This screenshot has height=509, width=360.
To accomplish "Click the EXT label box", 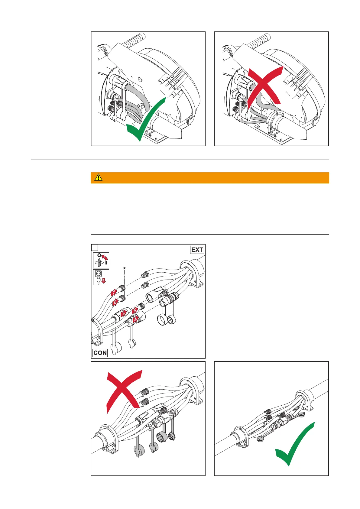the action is [x=197, y=250].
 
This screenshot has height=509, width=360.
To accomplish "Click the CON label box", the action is [x=100, y=353].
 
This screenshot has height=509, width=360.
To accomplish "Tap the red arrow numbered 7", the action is [x=114, y=292].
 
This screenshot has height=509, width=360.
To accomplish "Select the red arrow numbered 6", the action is [x=115, y=302].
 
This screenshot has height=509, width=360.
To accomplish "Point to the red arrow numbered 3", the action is [x=123, y=314].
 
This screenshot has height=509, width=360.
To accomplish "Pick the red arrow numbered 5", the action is [x=135, y=310].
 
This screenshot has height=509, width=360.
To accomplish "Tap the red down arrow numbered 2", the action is [x=104, y=281].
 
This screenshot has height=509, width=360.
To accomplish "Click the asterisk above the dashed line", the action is [x=124, y=268].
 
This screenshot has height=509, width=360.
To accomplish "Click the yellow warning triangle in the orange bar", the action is [x=99, y=178].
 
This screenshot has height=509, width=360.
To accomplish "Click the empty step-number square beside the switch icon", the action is [x=95, y=248].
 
